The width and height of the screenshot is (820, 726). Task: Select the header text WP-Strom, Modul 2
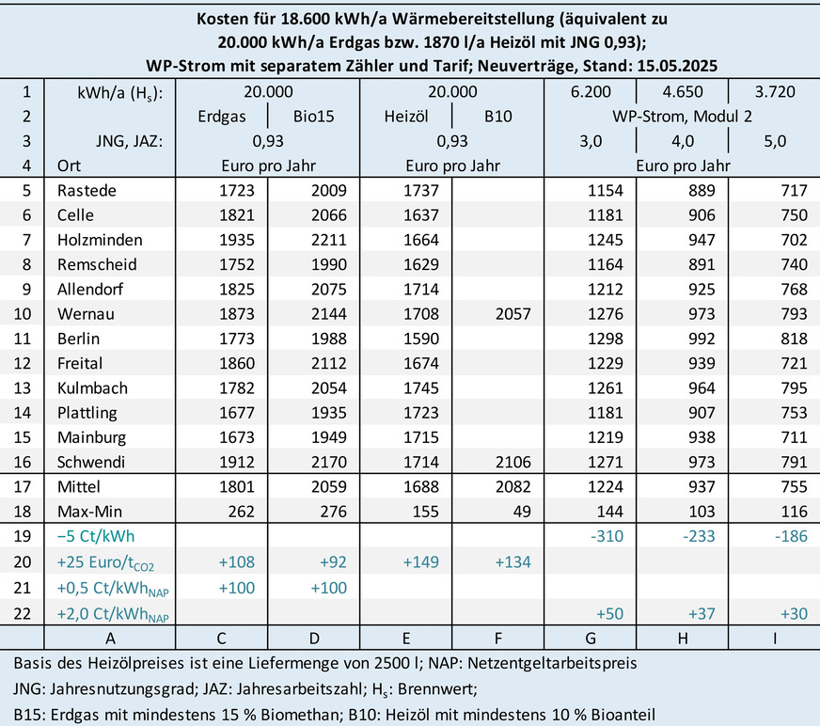(x=682, y=117)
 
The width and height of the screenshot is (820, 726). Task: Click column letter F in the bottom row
(x=499, y=635)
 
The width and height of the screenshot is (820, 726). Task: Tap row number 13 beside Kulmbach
(x=27, y=387)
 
